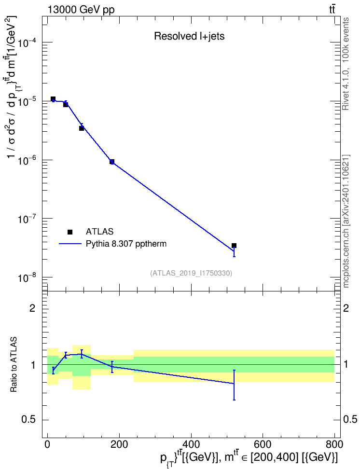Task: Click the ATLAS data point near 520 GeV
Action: tap(234, 246)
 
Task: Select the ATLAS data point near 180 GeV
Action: tap(112, 162)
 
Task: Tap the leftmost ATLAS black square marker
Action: tap(53, 99)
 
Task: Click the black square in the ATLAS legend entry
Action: tap(70, 232)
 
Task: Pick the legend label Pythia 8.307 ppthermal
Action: tap(126, 244)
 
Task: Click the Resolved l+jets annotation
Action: tap(189, 36)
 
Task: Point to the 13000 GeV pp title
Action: tap(81, 10)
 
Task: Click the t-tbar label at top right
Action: tap(332, 10)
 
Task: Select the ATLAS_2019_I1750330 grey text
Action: tap(191, 273)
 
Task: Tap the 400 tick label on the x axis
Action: tap(191, 444)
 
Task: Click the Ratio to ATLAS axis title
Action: tap(14, 365)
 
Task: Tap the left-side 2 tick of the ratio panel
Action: tap(32, 308)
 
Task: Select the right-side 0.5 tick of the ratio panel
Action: tap(350, 420)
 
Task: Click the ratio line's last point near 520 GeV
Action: tap(234, 384)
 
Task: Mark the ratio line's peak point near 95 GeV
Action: tap(82, 354)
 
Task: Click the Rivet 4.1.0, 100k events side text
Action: tap(346, 64)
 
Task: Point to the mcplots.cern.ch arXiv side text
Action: tap(346, 221)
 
